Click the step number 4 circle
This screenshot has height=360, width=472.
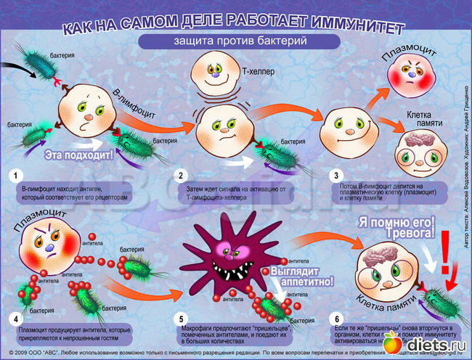(14, 318)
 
